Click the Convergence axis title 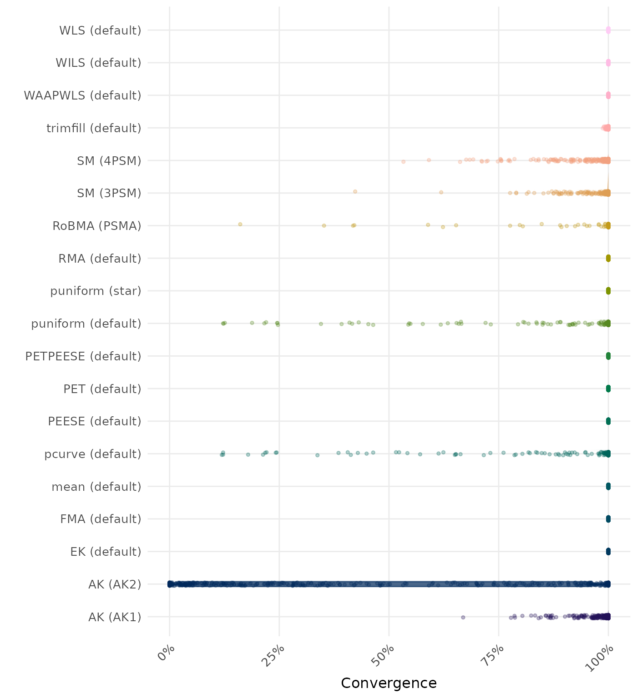(389, 683)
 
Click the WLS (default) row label (100, 30)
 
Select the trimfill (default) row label (94, 128)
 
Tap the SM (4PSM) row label (109, 161)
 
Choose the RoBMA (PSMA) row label (97, 226)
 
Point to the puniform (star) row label (96, 291)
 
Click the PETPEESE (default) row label (83, 356)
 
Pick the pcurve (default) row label (93, 454)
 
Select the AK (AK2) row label (115, 584)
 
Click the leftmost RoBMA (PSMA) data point (240, 224)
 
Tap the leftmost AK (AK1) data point (463, 617)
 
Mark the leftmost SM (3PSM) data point (355, 191)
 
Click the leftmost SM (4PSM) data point (403, 161)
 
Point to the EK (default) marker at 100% (608, 552)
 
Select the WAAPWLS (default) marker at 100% (608, 95)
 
